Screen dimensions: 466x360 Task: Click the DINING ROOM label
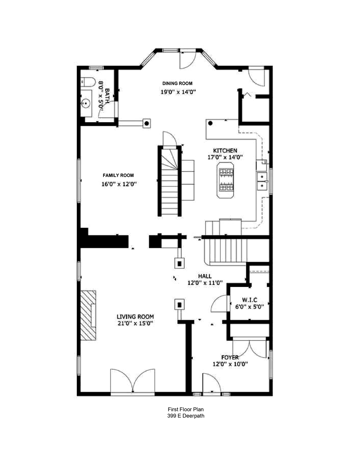[x=177, y=83]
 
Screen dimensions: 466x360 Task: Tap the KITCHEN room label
[x=225, y=151]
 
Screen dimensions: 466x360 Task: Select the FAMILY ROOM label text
[x=118, y=175]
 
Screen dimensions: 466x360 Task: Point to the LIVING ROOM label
[x=135, y=316]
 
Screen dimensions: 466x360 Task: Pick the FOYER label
[x=230, y=357]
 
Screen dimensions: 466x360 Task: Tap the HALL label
[x=205, y=276]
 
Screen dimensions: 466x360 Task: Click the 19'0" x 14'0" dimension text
[x=178, y=91]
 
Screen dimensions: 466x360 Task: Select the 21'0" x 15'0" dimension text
[x=135, y=323]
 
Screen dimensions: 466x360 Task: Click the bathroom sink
[x=85, y=103]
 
